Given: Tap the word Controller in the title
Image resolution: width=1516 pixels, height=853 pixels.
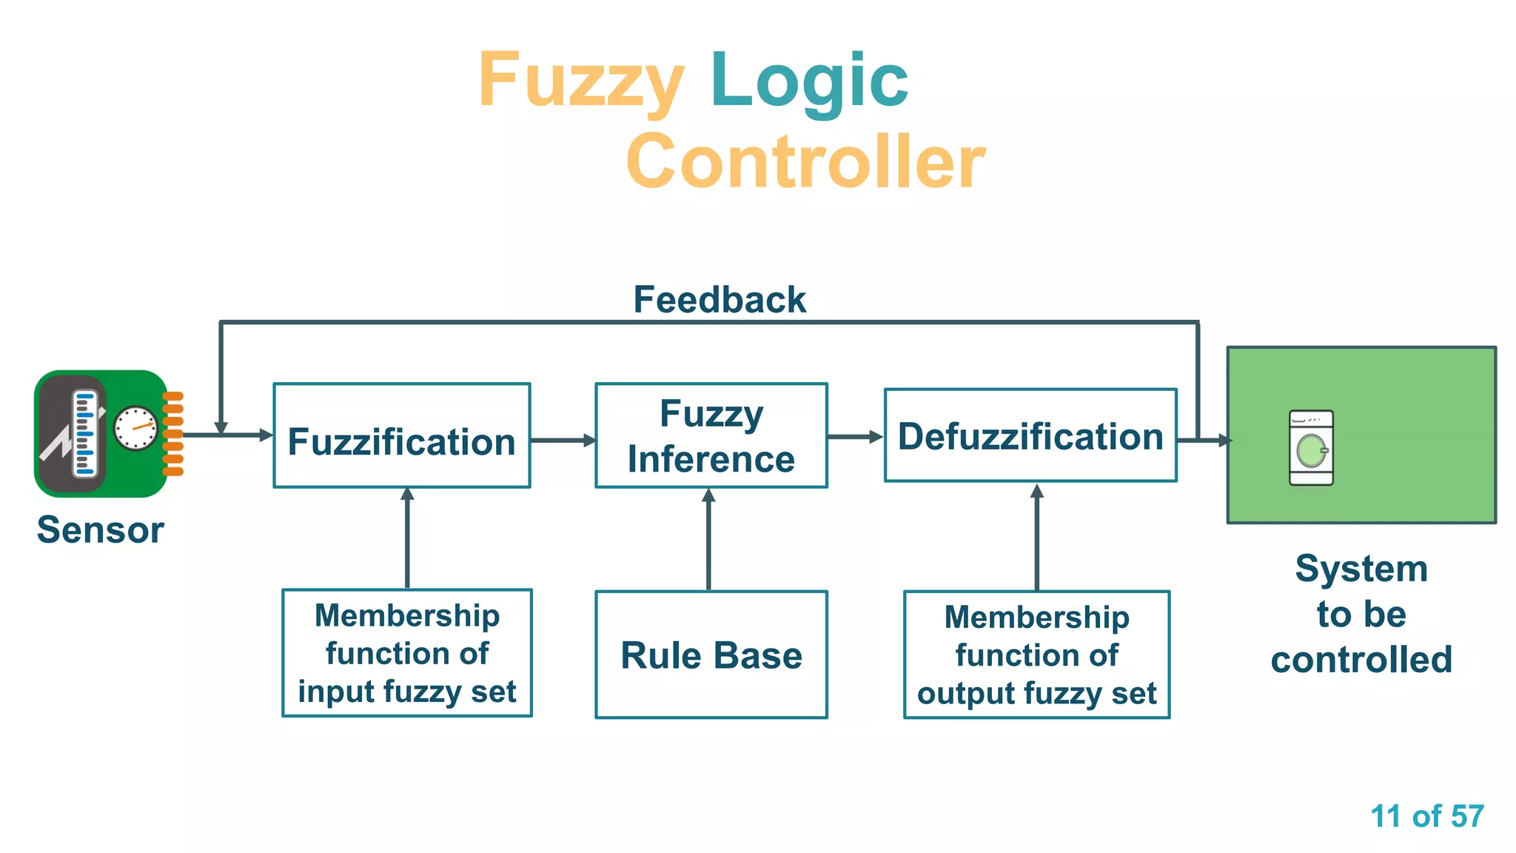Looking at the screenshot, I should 805,161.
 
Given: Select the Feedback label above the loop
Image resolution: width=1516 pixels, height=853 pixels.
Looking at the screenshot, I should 719,300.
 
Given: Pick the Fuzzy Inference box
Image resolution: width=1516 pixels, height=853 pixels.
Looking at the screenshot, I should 711,435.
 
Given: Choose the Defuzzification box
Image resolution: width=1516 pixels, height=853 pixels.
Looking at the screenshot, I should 1030,435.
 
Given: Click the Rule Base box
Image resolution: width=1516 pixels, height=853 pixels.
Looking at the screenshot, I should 711,655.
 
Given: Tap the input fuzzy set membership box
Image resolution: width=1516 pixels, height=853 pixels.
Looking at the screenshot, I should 407,653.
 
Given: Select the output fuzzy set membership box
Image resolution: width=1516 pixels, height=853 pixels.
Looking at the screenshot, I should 1036,655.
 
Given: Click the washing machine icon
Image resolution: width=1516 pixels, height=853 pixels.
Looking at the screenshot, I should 1311,448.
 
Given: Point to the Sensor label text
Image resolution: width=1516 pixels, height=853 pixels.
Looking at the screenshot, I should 101,530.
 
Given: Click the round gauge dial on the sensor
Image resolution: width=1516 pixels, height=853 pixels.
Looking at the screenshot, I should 136,428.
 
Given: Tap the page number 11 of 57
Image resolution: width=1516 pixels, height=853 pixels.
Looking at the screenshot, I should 1426,816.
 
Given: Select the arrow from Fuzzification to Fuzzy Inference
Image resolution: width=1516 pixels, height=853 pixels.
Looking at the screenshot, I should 563,441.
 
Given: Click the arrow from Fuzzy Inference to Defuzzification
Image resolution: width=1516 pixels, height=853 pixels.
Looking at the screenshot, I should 855,437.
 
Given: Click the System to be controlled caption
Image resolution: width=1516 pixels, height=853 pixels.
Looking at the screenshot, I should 1361,614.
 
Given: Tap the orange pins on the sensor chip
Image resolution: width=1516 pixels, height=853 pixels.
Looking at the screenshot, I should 172,434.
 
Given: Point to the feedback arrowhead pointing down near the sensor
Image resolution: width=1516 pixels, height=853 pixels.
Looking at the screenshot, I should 221,427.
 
